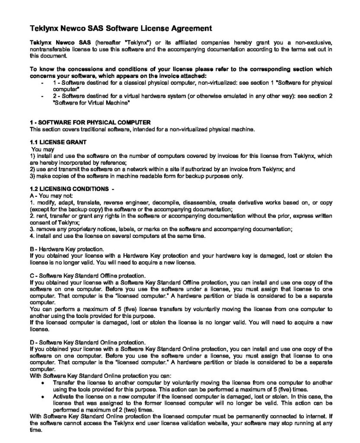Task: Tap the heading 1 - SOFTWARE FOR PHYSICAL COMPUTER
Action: [x=90, y=122]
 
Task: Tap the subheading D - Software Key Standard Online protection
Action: [x=88, y=342]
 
